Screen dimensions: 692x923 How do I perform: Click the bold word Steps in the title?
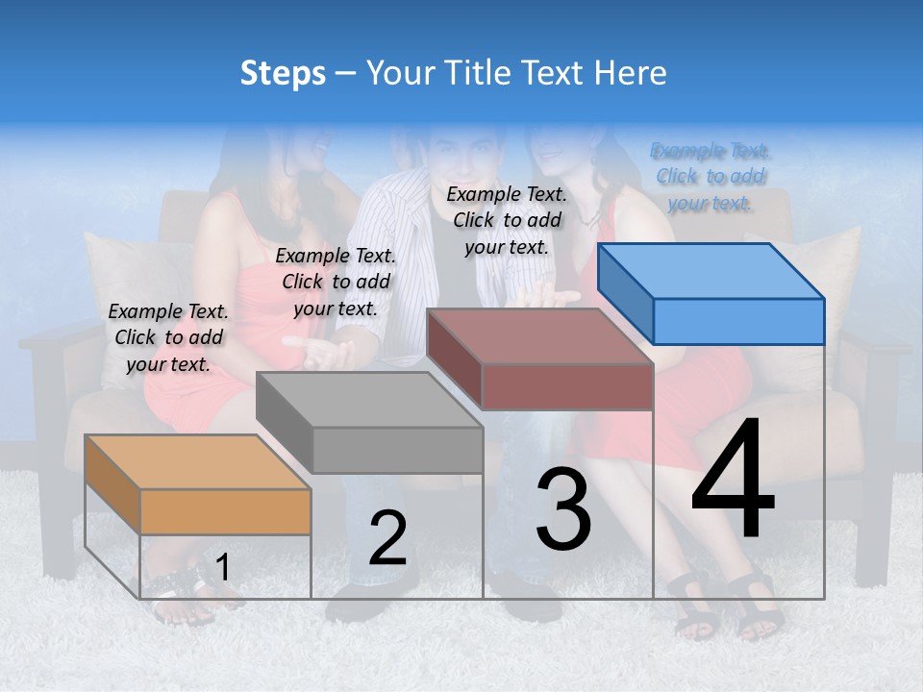pyautogui.click(x=283, y=73)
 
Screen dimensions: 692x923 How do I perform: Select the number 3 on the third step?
pyautogui.click(x=562, y=509)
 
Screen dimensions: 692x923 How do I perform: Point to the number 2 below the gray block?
pyautogui.click(x=387, y=538)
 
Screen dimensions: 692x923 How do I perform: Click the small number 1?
pyautogui.click(x=222, y=568)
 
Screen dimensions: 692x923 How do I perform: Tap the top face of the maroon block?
pyautogui.click(x=538, y=336)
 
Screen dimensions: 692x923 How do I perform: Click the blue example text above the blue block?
pyautogui.click(x=711, y=177)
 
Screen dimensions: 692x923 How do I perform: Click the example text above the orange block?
pyautogui.click(x=168, y=337)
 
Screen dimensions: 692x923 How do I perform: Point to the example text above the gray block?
pyautogui.click(x=336, y=282)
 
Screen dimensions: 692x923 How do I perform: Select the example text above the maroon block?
pyautogui.click(x=507, y=220)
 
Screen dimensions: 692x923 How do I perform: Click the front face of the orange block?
pyautogui.click(x=225, y=511)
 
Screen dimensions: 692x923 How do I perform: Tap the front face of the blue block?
pyautogui.click(x=738, y=321)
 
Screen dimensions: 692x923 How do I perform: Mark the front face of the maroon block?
pyautogui.click(x=567, y=386)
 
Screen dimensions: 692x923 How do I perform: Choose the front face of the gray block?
pyautogui.click(x=397, y=450)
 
